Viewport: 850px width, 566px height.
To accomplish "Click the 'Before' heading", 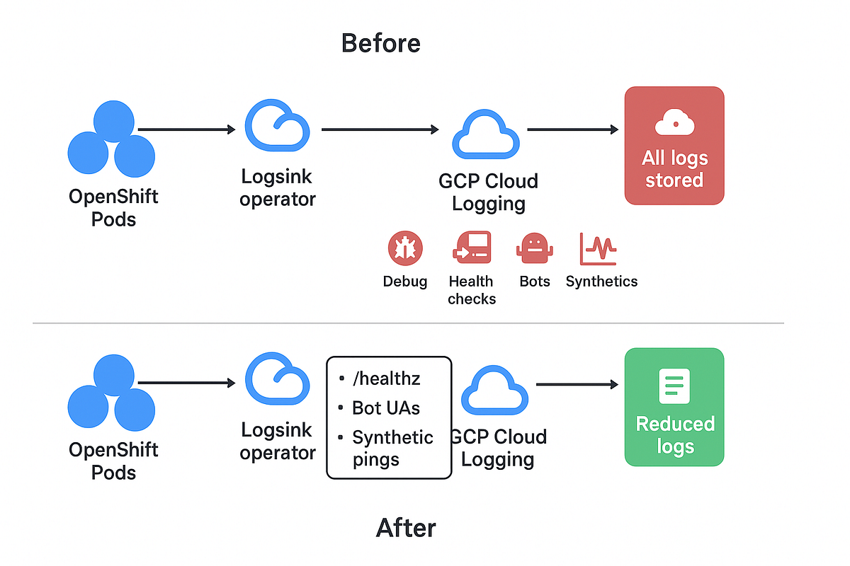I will point(380,43).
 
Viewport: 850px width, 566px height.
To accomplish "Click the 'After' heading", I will point(406,528).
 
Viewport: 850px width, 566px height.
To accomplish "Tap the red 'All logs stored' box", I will point(674,146).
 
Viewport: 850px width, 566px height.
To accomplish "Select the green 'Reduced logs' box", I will point(674,407).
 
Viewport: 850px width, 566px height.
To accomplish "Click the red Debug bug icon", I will point(405,249).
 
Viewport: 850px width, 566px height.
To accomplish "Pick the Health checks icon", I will point(471,248).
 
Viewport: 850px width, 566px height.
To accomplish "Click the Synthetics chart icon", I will point(599,249).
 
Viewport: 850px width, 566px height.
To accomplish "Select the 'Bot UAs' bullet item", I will point(386,408).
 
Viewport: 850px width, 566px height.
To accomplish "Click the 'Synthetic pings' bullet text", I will point(392,448).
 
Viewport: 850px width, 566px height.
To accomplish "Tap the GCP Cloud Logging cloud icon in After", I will point(494,390).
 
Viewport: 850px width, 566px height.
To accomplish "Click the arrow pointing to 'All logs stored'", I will point(572,129).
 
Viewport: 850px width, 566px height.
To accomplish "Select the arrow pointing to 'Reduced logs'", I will point(577,384).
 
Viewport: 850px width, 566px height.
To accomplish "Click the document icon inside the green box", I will point(674,386).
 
